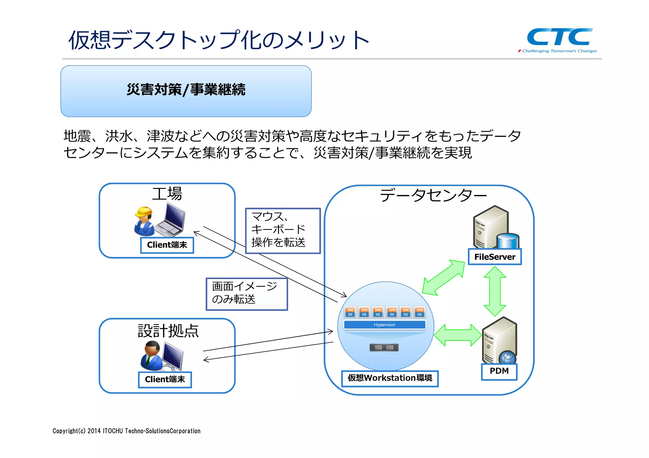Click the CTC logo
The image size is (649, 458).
559,38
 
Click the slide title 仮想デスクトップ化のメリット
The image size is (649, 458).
219,40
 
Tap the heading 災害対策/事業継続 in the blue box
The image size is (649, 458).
186,90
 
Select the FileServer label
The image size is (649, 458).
495,257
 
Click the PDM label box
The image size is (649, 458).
499,371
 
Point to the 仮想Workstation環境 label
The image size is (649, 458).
390,378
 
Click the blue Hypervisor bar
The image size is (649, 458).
384,325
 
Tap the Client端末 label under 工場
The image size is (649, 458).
167,245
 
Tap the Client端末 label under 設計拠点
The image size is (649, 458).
165,380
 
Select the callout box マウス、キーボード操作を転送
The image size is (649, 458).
283,230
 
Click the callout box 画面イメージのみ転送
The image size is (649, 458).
247,294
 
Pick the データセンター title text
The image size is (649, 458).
433,195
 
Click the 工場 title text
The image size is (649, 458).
167,194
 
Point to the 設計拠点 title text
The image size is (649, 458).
168,331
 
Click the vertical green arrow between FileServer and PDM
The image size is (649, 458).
495,291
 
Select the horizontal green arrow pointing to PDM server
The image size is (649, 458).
458,335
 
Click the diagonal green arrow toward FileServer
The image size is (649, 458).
444,277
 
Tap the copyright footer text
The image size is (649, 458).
126,431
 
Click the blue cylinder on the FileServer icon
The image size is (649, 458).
508,241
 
